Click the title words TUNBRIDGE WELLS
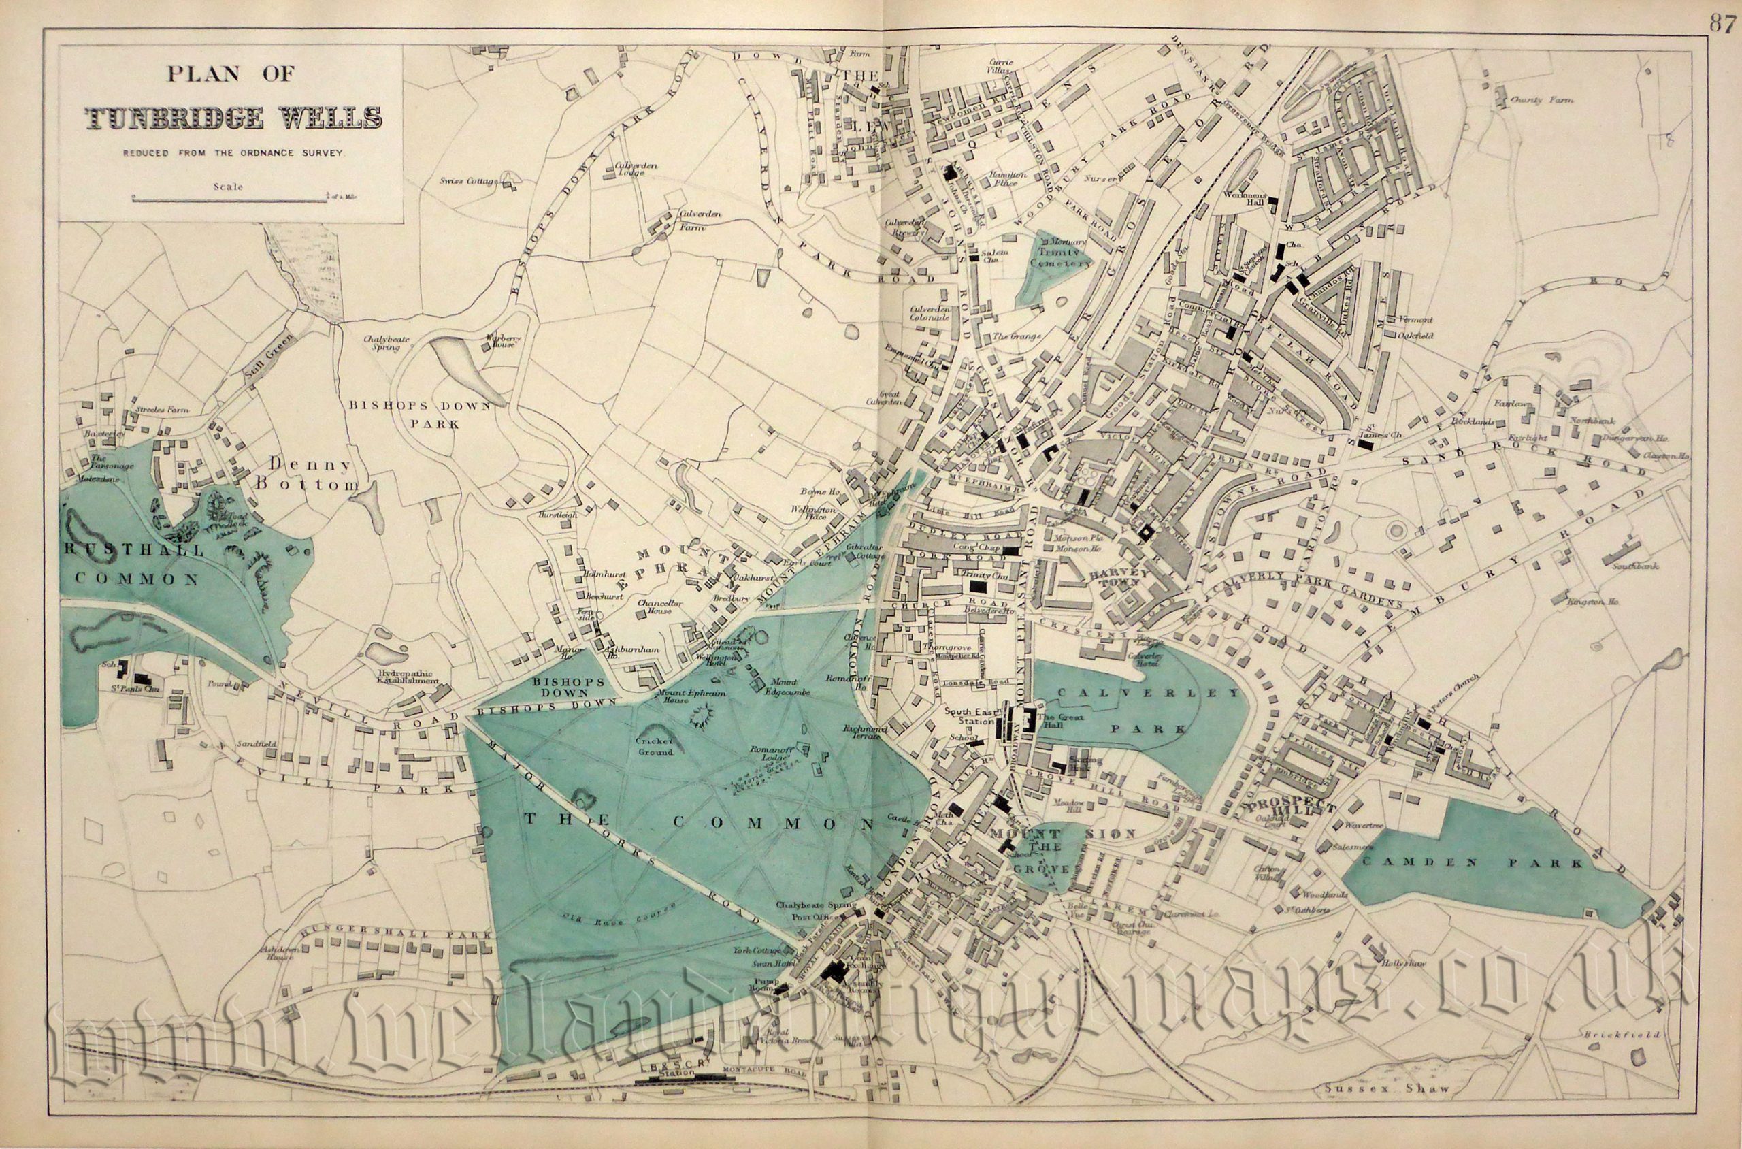(x=233, y=118)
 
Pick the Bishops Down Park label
(x=418, y=414)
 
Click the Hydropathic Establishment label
(x=410, y=677)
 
